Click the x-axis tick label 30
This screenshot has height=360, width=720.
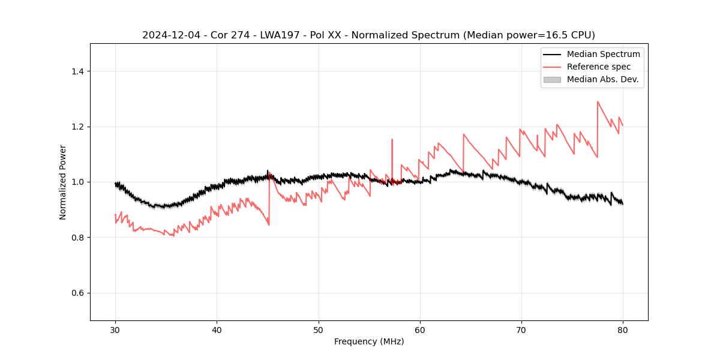tap(116, 329)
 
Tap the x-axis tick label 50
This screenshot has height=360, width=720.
tap(319, 329)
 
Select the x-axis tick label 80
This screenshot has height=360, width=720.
tap(623, 329)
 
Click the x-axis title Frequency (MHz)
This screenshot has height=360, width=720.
tap(369, 341)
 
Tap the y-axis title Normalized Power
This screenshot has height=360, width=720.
tap(63, 182)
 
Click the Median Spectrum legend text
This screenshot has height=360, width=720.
tap(603, 54)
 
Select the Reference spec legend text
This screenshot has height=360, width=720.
tap(599, 67)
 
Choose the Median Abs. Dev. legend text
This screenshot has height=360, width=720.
tap(602, 79)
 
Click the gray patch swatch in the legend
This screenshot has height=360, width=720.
tap(552, 79)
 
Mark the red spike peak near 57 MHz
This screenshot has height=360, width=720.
tap(392, 139)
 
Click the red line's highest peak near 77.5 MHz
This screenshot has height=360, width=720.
tap(598, 101)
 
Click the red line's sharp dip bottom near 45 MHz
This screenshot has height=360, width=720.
tap(269, 225)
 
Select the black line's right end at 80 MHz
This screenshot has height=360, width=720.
tap(623, 204)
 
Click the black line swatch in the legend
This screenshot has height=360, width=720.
tap(552, 54)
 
